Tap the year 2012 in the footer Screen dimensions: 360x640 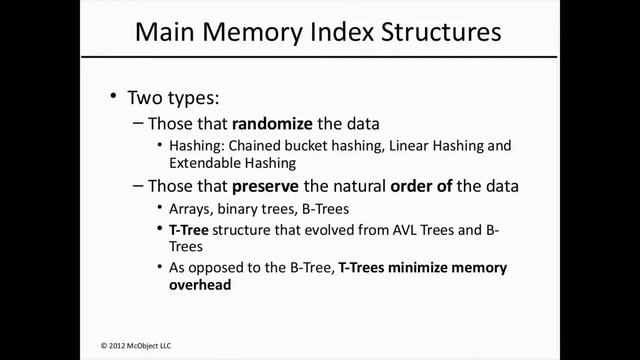pyautogui.click(x=121, y=345)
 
